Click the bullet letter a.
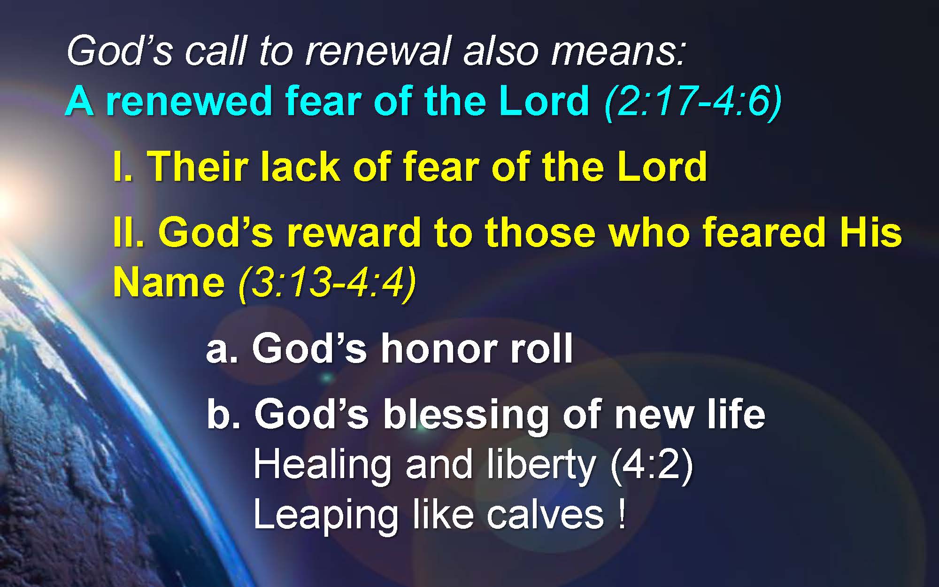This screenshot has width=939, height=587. tap(220, 350)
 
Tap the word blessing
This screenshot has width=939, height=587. tap(465, 416)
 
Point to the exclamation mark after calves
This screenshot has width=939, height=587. tap(622, 515)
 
